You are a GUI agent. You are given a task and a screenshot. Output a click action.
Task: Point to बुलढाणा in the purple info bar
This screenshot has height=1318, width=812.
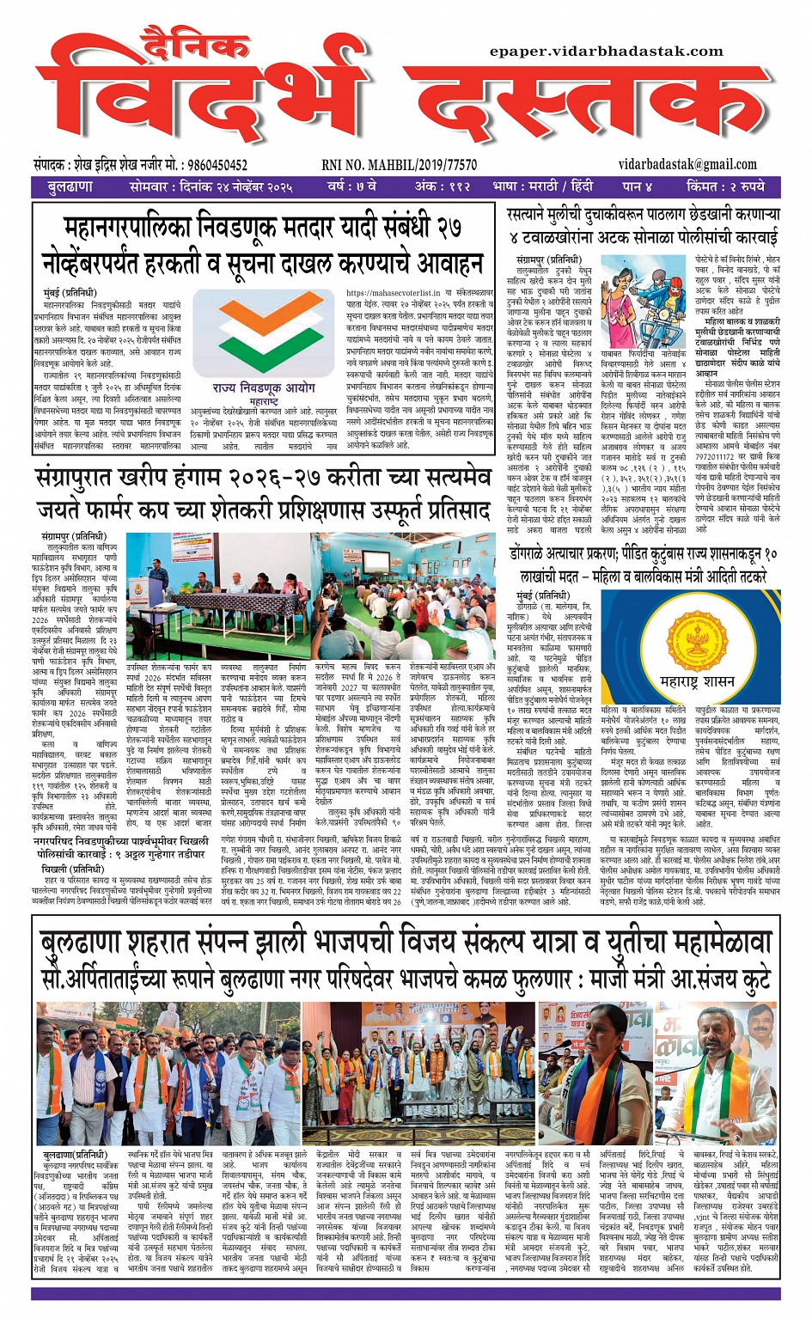pos(70,186)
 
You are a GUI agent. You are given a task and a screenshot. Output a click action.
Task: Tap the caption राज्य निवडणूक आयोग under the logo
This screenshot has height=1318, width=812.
pos(264,388)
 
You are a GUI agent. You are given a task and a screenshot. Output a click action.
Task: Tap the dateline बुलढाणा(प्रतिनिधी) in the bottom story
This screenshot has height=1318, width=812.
pos(76,1155)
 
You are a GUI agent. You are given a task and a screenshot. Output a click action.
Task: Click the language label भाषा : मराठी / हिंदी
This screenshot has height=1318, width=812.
pos(543,186)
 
